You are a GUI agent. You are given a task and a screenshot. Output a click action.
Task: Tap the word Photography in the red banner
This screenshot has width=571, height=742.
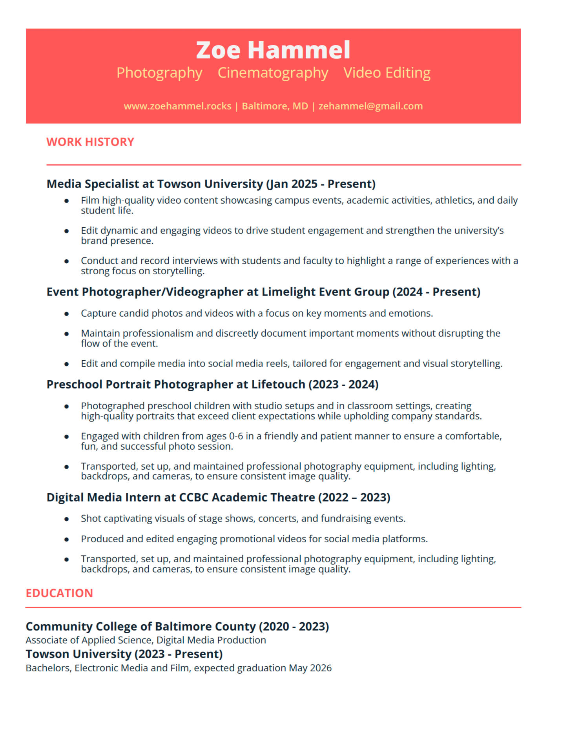(159, 73)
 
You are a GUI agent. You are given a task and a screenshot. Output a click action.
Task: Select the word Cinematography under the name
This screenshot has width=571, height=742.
(273, 73)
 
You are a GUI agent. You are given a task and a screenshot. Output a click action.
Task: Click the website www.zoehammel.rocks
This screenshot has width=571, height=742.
(177, 106)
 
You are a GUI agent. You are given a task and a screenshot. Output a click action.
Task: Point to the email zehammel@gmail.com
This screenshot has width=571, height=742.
(370, 106)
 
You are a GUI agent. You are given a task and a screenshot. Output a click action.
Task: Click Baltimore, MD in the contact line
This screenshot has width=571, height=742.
(275, 106)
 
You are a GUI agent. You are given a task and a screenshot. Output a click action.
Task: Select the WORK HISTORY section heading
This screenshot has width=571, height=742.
(90, 142)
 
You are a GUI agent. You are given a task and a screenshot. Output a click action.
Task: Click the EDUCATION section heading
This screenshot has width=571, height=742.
(59, 593)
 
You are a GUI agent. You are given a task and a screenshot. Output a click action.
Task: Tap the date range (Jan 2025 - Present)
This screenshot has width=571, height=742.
(321, 184)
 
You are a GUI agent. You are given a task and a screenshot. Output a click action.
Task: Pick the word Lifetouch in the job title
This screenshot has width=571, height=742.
(278, 385)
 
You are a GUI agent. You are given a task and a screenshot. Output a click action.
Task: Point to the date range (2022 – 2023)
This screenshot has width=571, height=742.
(354, 498)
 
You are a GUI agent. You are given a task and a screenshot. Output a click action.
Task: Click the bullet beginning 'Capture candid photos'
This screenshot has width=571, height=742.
(257, 314)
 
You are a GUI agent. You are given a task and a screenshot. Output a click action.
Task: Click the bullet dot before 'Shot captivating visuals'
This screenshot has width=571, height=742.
(67, 519)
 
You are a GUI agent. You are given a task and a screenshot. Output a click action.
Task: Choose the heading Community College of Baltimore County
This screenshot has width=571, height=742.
(140, 627)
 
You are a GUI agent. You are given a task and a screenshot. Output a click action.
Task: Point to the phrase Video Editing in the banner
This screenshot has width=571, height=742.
(387, 73)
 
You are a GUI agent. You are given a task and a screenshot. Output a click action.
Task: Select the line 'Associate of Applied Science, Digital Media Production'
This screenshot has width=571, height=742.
(146, 640)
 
